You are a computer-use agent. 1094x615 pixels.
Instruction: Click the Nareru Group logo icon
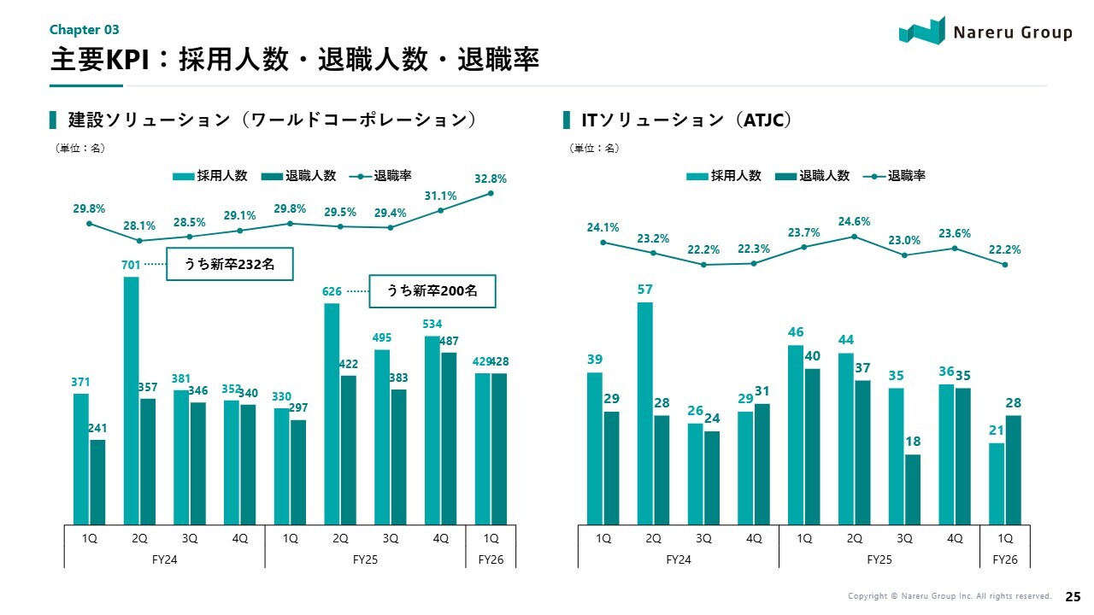click(x=922, y=31)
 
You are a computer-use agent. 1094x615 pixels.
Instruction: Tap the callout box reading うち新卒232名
click(x=230, y=265)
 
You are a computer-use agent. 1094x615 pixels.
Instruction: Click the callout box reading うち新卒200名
click(x=432, y=291)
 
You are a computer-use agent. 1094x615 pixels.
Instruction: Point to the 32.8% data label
click(x=491, y=179)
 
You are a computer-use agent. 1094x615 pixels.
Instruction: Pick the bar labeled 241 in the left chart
click(x=97, y=482)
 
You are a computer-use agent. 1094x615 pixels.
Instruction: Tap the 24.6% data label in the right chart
click(x=854, y=222)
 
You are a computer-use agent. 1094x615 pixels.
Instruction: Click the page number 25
click(x=1072, y=595)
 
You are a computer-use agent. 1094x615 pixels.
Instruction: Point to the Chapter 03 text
click(x=84, y=30)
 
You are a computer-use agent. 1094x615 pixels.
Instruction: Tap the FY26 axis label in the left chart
click(x=491, y=560)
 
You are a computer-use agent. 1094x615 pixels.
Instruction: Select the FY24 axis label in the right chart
click(x=679, y=560)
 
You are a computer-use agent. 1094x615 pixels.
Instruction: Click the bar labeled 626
click(x=332, y=413)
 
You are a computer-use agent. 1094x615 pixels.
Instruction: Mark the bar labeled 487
click(x=449, y=438)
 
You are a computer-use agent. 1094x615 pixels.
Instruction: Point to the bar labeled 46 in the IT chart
click(x=796, y=435)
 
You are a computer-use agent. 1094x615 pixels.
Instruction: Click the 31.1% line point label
click(x=440, y=196)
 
